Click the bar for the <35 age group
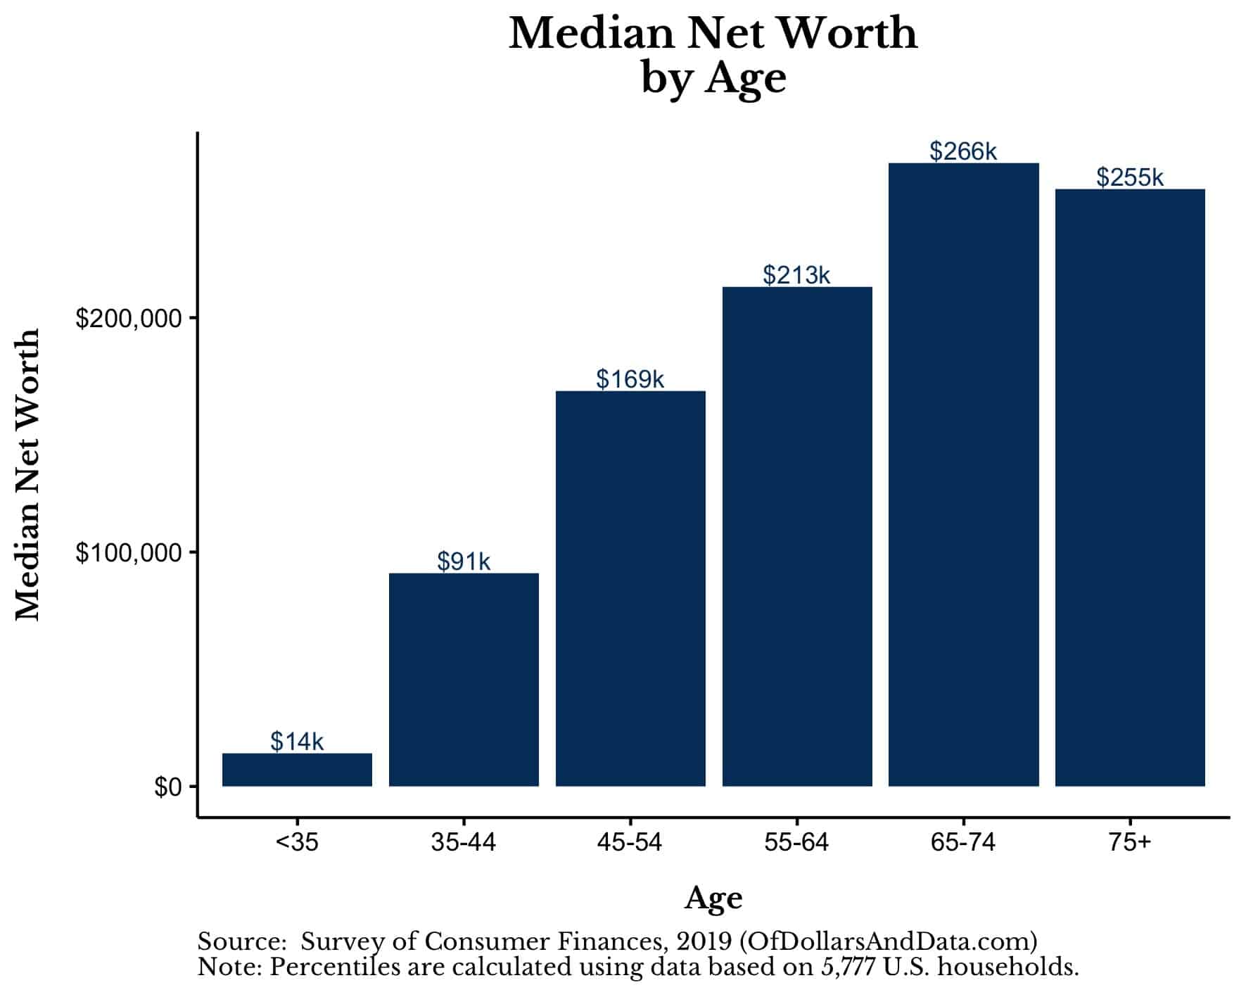[x=297, y=770]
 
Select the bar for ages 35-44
[x=464, y=679]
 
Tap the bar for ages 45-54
[x=630, y=588]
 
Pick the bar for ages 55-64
[x=797, y=536]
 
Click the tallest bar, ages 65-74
[x=963, y=474]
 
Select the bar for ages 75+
[x=1130, y=487]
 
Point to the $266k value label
[x=963, y=151]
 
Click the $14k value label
[x=297, y=741]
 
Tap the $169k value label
[x=630, y=379]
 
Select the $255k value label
[x=1130, y=177]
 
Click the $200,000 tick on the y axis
[x=129, y=319]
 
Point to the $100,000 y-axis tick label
[x=129, y=553]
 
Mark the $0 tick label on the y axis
[x=167, y=787]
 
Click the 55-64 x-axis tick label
[x=796, y=842]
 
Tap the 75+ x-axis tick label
[x=1130, y=842]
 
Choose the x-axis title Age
[x=713, y=898]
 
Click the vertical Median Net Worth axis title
[x=28, y=475]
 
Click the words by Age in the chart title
[x=713, y=77]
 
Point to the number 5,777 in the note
[x=848, y=967]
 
